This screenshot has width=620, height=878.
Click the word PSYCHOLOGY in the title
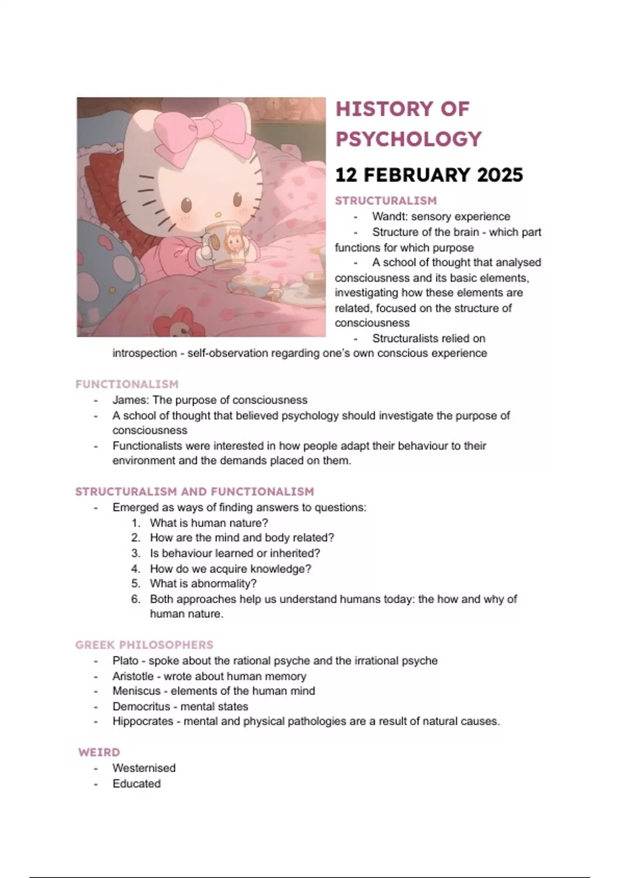[408, 139]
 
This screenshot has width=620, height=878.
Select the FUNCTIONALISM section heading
[127, 384]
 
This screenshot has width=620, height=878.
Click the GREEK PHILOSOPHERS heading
[144, 645]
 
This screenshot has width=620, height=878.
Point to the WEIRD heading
[99, 752]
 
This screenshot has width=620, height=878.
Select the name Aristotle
[133, 677]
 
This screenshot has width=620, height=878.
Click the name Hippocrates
[143, 722]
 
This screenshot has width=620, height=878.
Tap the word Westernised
[144, 768]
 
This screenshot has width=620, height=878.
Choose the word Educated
[136, 783]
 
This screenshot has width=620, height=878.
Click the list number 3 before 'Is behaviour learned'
[135, 553]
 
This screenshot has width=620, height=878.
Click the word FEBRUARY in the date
[417, 175]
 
